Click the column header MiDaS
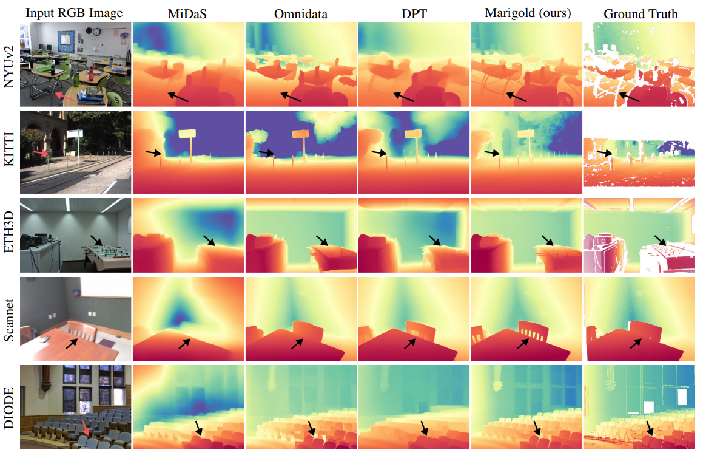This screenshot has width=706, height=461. pyautogui.click(x=187, y=13)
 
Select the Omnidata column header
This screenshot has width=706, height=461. pyautogui.click(x=301, y=13)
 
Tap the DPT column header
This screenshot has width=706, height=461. pyautogui.click(x=413, y=13)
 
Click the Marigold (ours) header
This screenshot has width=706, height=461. pyautogui.click(x=525, y=13)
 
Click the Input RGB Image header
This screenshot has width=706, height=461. pyautogui.click(x=75, y=13)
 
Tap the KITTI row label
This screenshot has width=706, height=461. pyautogui.click(x=9, y=151)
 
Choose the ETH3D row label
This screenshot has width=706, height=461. pyautogui.click(x=9, y=236)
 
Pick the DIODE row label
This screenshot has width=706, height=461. pyautogui.click(x=9, y=406)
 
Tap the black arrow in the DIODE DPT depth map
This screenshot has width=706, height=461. pyautogui.click(x=423, y=428)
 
